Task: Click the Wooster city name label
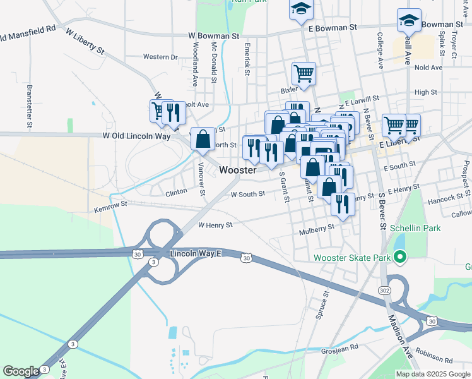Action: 239,171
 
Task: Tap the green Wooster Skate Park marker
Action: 399,257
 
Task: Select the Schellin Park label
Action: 415,228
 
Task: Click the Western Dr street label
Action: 160,57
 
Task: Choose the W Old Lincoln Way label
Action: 137,135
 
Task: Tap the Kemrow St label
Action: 110,205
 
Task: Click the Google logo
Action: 21,371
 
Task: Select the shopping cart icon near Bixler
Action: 304,73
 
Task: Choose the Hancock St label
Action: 446,198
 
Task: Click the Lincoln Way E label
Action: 196,254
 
